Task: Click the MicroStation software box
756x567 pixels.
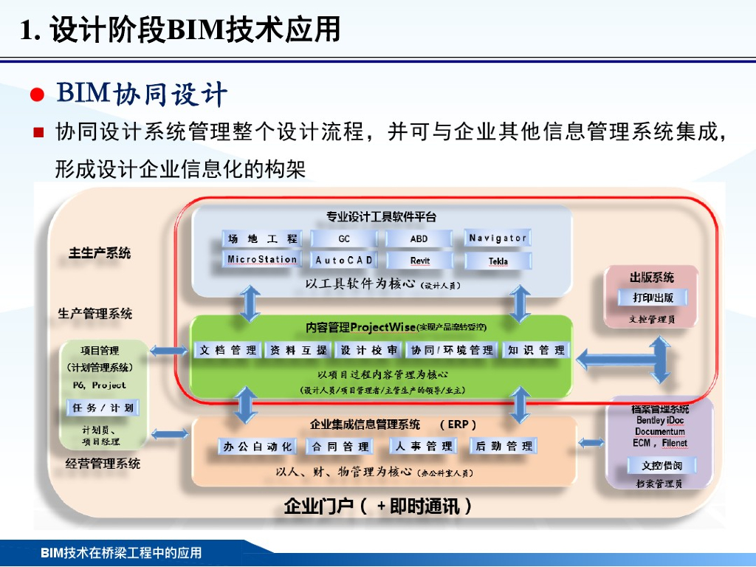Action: (x=262, y=260)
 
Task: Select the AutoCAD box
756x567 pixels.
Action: (x=344, y=261)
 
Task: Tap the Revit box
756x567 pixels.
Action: (x=419, y=261)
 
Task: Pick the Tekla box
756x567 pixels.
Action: (x=498, y=261)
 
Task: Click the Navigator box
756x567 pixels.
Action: (x=498, y=238)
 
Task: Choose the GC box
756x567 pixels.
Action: (x=344, y=238)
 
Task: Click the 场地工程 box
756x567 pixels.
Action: (x=262, y=238)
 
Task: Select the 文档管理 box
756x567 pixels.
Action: (x=227, y=351)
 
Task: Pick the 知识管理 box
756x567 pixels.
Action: (x=536, y=351)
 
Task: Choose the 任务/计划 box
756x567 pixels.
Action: (x=103, y=408)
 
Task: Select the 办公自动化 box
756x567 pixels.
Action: (x=258, y=447)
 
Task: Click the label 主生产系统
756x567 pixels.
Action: (x=100, y=253)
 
